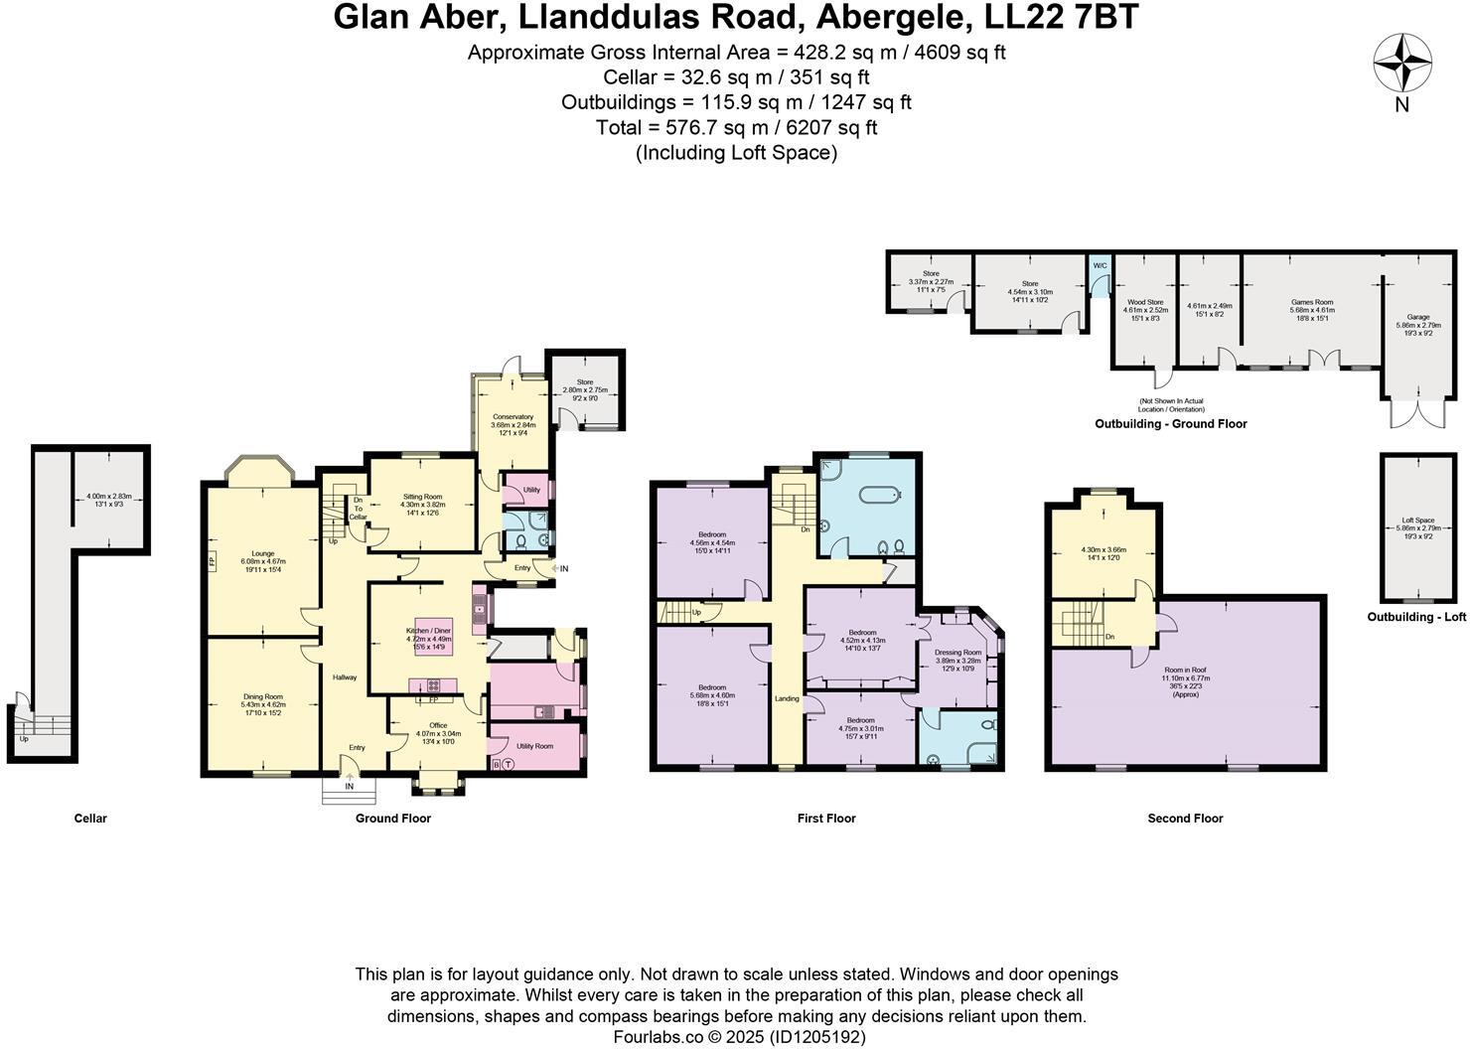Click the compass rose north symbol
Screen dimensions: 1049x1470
point(1401,64)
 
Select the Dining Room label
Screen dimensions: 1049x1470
point(263,696)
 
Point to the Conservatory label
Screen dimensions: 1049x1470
point(513,417)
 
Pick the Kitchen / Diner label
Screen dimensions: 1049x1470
point(428,631)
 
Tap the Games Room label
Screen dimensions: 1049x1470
point(1311,302)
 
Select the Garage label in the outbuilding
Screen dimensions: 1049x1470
point(1417,317)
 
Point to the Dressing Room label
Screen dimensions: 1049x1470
point(957,653)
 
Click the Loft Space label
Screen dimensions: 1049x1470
point(1417,521)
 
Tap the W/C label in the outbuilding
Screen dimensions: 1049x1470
point(1099,266)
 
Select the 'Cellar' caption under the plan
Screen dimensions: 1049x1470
point(90,819)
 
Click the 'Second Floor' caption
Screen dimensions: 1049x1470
point(1185,819)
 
